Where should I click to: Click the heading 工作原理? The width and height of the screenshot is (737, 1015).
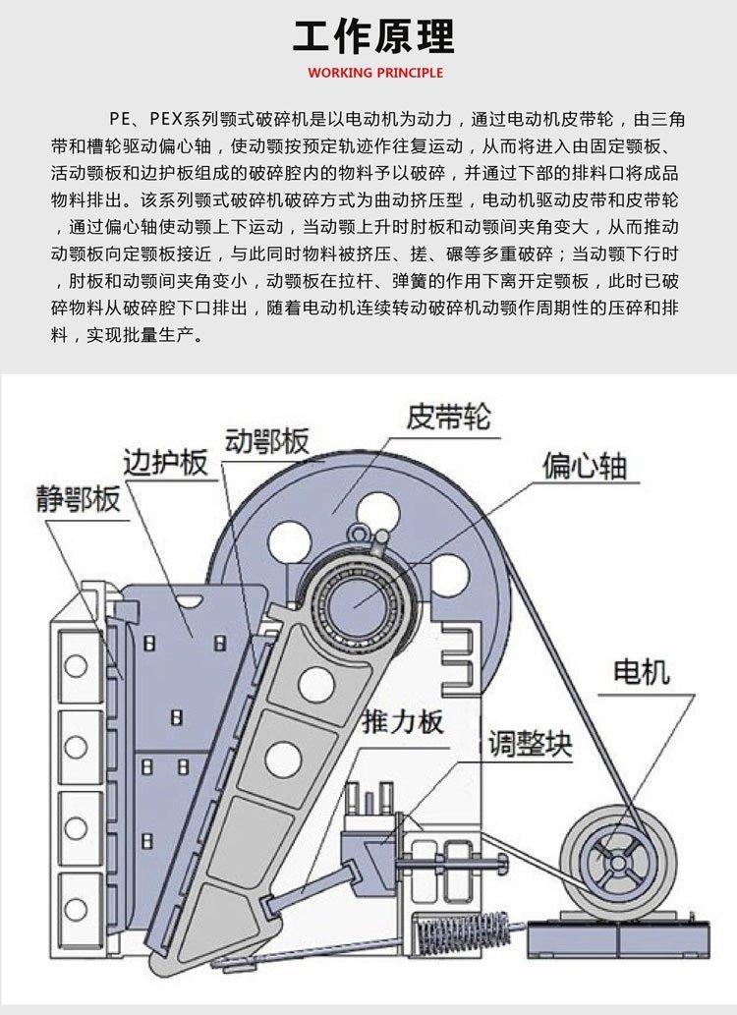point(373,37)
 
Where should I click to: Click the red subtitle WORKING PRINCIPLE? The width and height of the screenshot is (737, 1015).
point(375,73)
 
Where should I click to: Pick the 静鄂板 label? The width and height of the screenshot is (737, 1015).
point(79,498)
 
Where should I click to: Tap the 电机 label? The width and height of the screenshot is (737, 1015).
point(641,672)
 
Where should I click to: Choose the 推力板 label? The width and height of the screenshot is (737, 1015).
point(402,722)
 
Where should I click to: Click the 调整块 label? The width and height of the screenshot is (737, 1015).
point(530,744)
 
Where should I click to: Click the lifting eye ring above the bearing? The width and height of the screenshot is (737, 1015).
point(366,536)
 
